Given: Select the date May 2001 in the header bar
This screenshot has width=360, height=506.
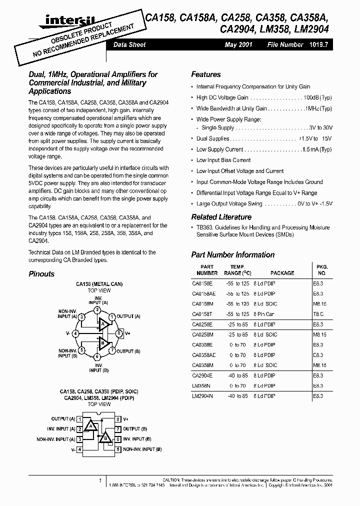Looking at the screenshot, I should click(x=238, y=45).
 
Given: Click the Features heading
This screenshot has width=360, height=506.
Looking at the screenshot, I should click(x=205, y=74).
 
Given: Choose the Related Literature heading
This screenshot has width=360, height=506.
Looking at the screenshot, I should click(x=221, y=217).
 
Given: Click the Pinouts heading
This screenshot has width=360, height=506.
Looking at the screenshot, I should click(x=41, y=274).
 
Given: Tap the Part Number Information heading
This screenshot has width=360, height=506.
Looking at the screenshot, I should click(x=232, y=255).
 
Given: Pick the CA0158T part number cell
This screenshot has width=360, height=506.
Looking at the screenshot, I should click(x=203, y=314).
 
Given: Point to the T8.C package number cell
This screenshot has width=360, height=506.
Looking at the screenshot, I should click(x=319, y=314).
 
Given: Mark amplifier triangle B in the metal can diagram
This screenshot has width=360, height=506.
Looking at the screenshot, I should click(x=104, y=342).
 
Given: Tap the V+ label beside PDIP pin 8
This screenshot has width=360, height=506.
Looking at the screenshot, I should click(x=126, y=418).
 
